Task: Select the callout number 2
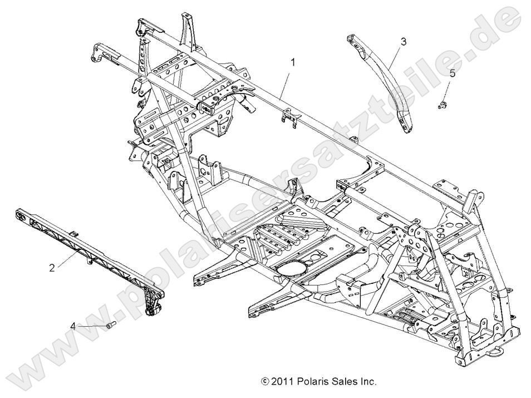coord(52,268)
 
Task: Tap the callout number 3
coord(403,41)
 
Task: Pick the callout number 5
coord(453,72)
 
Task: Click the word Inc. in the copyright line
coord(368,382)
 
